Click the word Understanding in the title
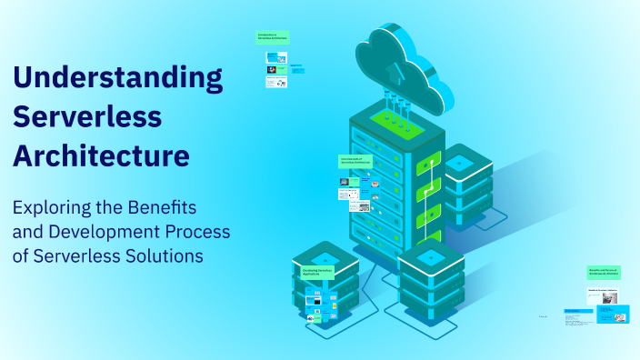point(117,77)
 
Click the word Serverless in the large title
point(87,115)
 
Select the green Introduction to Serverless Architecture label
point(273,38)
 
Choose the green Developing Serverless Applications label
point(317,273)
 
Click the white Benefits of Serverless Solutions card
point(607,293)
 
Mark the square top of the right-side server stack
point(460,162)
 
